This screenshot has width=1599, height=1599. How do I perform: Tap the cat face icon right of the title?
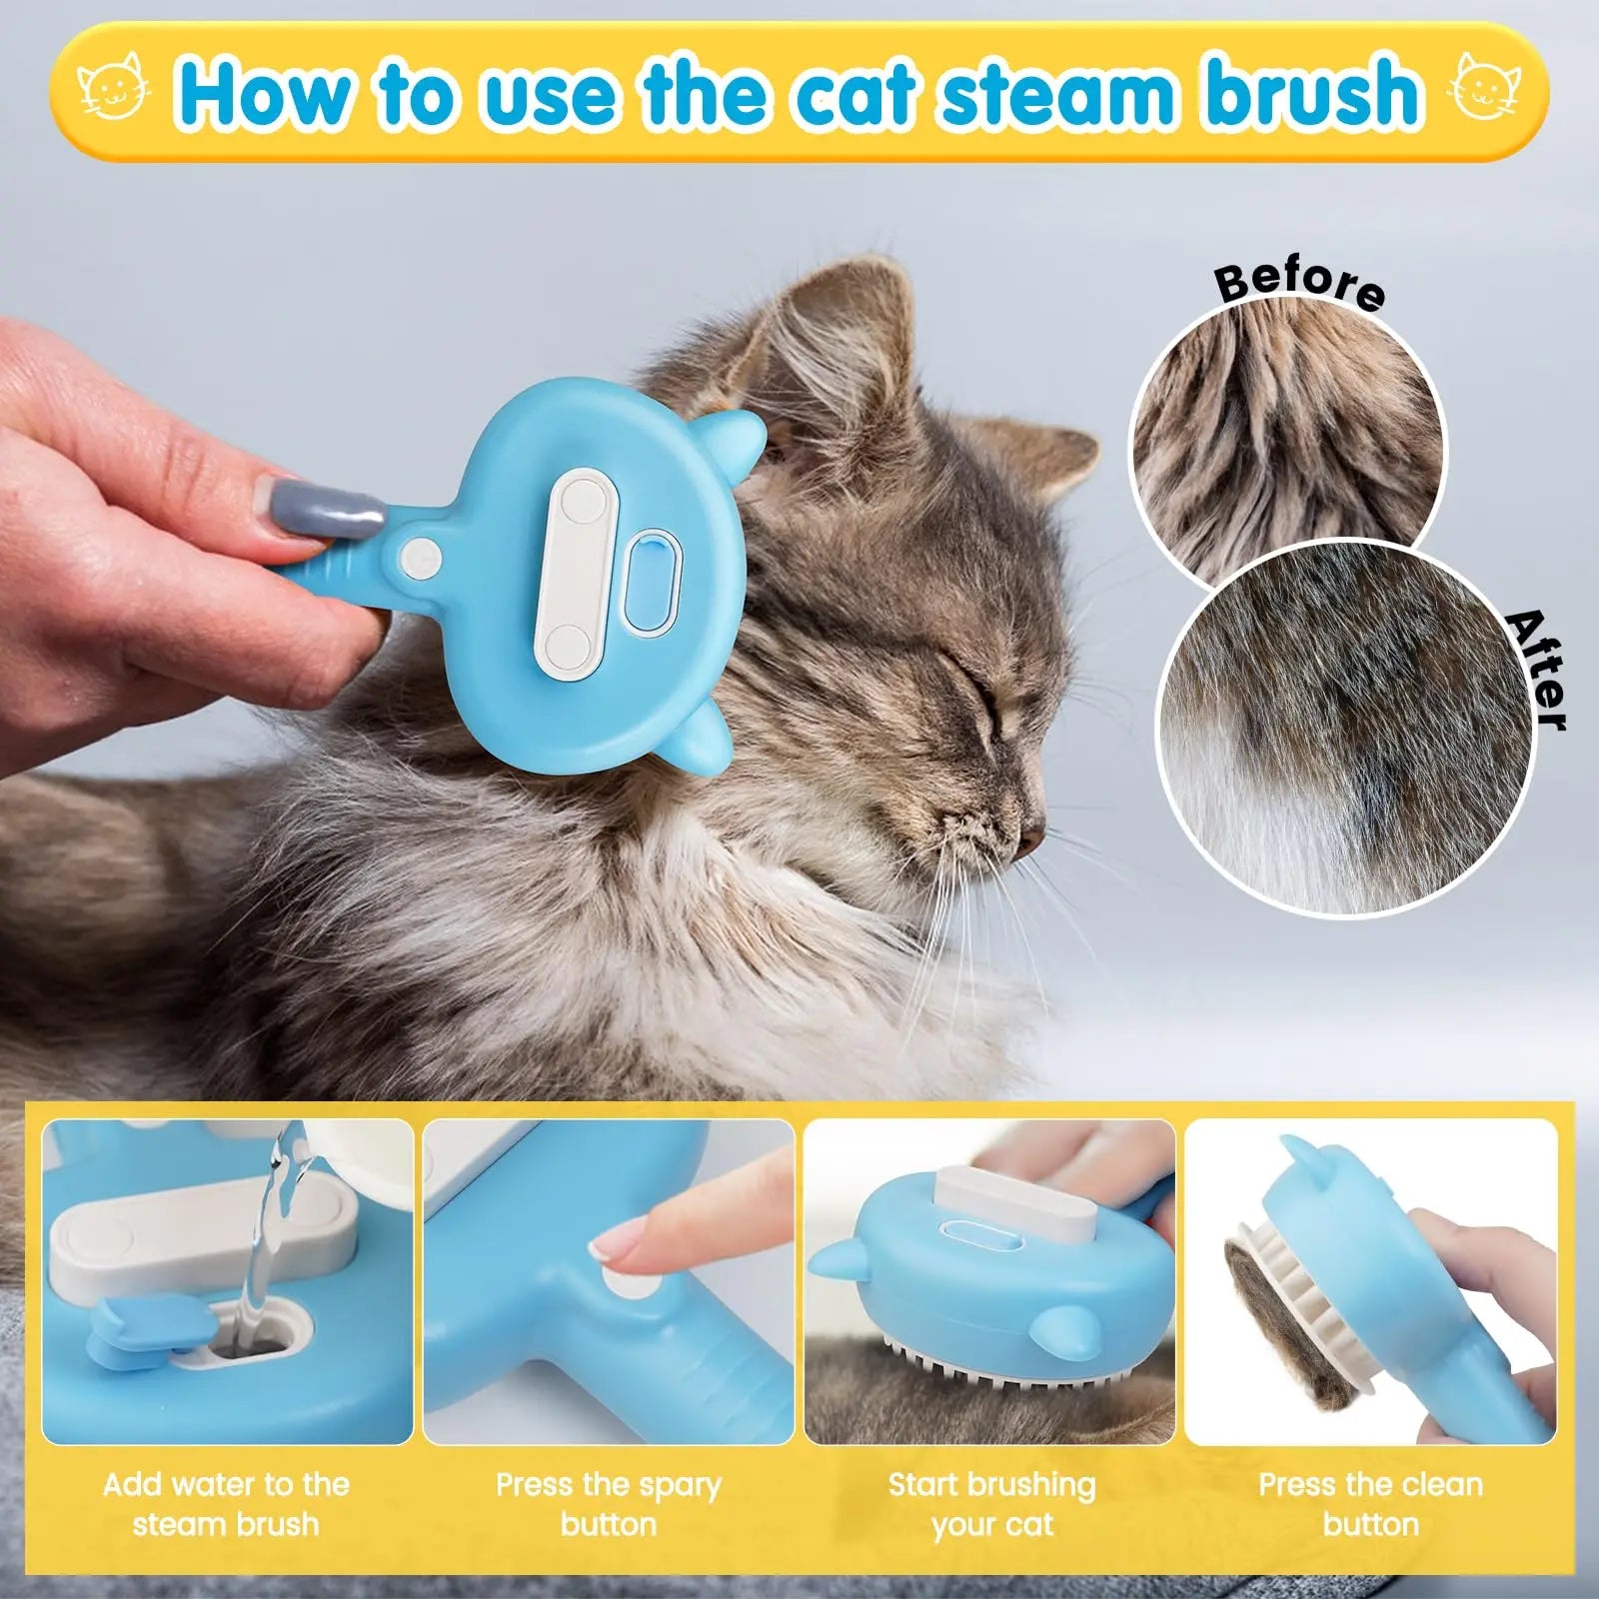click(x=1488, y=92)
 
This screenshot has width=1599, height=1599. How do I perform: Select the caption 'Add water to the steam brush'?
click(x=226, y=1504)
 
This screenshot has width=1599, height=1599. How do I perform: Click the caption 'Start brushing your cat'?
click(x=991, y=1504)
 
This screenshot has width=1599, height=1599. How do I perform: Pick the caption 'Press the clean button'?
click(x=1370, y=1504)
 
